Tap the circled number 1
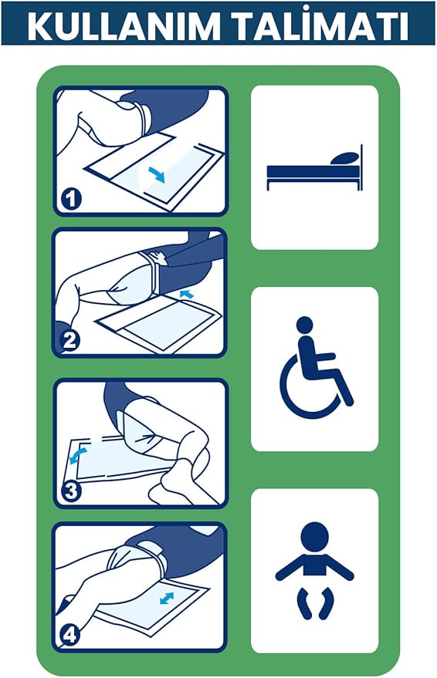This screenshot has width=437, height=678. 71,198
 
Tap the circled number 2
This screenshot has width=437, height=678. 69,340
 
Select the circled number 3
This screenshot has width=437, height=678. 71,491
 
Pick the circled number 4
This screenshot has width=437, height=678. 69,636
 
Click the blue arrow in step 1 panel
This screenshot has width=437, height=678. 157,174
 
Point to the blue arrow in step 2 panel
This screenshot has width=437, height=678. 187,295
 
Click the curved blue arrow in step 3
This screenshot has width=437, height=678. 78,456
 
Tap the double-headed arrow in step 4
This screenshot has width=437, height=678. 167,598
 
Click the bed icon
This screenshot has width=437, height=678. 314,168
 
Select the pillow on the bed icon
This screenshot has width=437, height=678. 344,159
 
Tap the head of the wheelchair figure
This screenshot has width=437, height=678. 305,325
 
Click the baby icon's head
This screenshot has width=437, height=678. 314,537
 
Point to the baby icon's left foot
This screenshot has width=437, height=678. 304,604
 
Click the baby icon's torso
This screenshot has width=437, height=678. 315,565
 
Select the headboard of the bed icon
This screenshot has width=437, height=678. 361,168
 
